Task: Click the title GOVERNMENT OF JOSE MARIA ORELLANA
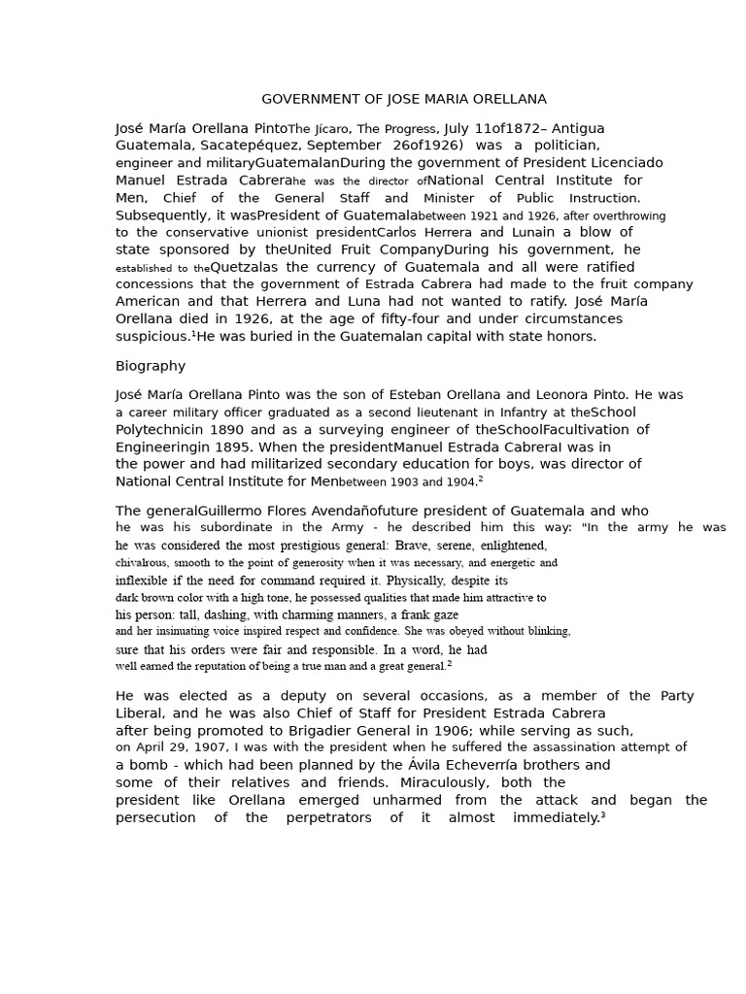click(404, 99)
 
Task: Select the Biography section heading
click(151, 366)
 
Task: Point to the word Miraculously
click(417, 782)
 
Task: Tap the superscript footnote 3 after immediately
click(602, 814)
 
